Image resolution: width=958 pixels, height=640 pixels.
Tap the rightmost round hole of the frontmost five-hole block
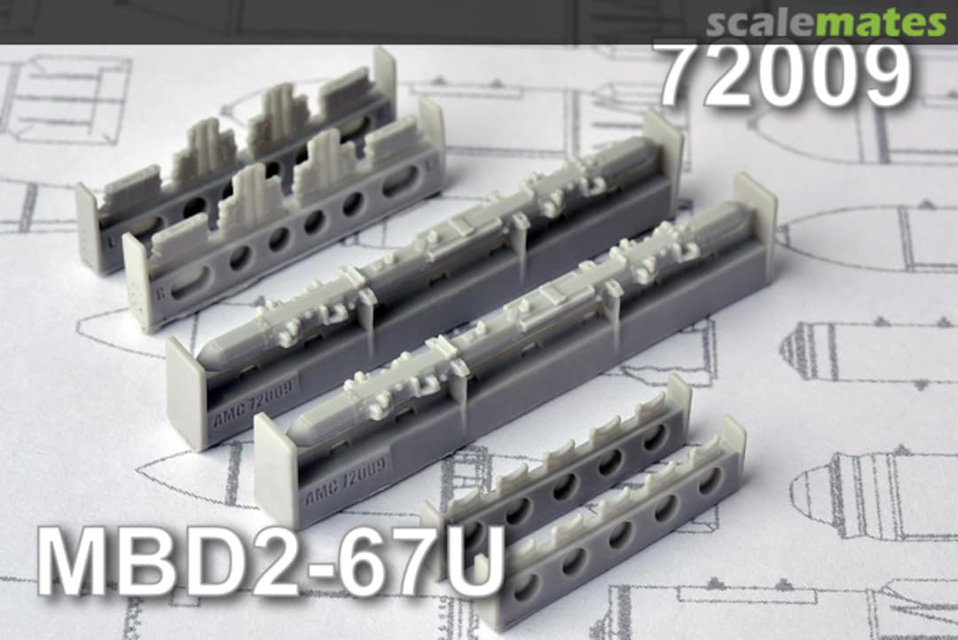pos(711,479)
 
